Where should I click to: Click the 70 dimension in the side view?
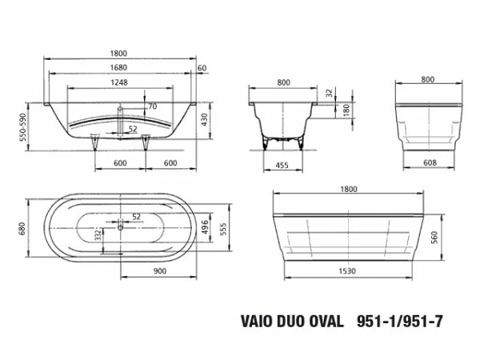pyautogui.click(x=151, y=106)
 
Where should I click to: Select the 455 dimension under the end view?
pyautogui.click(x=281, y=166)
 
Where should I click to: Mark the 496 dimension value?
pyautogui.click(x=205, y=228)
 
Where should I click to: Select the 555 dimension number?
pyautogui.click(x=224, y=228)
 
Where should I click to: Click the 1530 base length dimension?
pyautogui.click(x=346, y=271)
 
